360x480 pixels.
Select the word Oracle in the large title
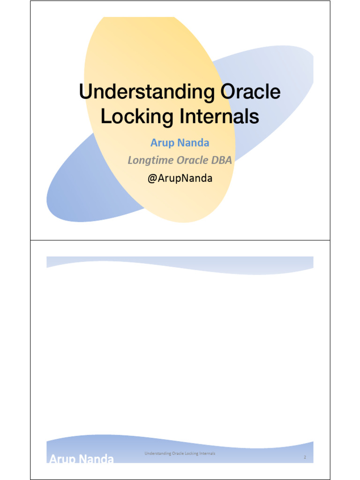(x=251, y=91)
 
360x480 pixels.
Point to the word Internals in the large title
(x=219, y=116)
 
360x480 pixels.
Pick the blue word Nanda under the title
(x=194, y=142)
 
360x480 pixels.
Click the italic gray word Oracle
(x=193, y=160)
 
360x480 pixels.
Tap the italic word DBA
(x=222, y=160)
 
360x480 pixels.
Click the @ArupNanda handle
(x=180, y=178)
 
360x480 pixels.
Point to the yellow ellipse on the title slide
(x=159, y=61)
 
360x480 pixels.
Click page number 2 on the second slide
(x=305, y=457)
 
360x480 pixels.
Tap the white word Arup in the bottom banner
(x=62, y=458)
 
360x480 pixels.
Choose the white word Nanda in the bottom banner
(x=97, y=458)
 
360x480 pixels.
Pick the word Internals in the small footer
(x=207, y=453)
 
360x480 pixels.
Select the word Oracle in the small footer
(x=178, y=453)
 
